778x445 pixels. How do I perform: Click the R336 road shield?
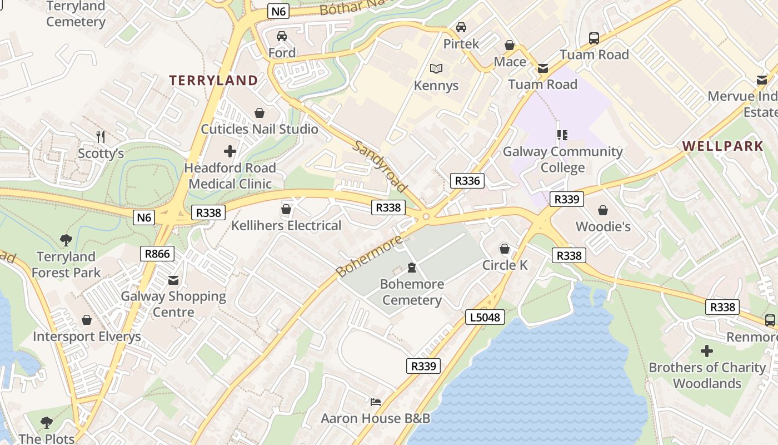[467, 180]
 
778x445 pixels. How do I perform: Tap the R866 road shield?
[157, 254]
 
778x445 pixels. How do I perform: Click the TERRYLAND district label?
[214, 80]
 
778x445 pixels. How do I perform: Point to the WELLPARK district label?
[722, 146]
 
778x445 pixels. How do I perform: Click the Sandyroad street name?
[380, 166]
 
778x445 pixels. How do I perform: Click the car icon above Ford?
[282, 36]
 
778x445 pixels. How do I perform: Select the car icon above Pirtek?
[461, 27]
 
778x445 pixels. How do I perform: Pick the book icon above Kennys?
[436, 68]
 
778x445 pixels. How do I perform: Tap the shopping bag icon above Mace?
[510, 45]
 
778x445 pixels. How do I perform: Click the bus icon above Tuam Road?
[594, 38]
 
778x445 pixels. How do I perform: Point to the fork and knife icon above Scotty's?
[101, 136]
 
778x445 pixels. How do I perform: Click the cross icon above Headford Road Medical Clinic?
[230, 151]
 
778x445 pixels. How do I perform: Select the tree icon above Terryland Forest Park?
[66, 240]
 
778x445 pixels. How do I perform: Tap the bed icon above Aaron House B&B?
[376, 402]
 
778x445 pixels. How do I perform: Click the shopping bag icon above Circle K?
[505, 248]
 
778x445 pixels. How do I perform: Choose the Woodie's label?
[603, 226]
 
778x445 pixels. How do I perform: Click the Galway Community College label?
[562, 159]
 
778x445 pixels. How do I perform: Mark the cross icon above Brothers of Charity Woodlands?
[707, 351]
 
